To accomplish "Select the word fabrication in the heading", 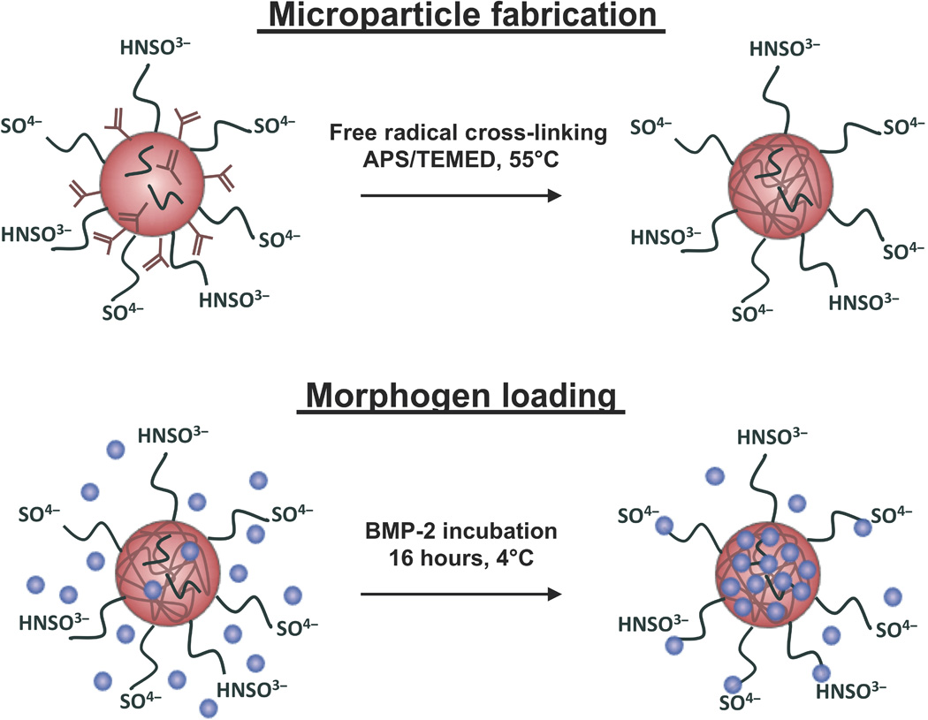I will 564,17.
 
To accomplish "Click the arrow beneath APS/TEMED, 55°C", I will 460,196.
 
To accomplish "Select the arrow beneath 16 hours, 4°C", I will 460,595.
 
